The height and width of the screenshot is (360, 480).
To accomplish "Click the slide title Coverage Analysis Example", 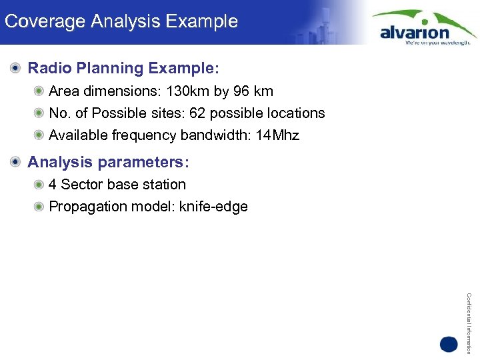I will tap(121, 21).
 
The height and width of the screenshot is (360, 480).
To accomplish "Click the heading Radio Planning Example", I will tap(123, 68).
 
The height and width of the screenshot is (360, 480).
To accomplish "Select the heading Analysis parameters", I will tap(109, 162).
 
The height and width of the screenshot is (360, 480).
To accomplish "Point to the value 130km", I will tap(187, 91).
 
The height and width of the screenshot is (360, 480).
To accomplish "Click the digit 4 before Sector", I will tap(53, 184).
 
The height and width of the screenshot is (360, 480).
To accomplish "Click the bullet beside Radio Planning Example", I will tap(15, 68).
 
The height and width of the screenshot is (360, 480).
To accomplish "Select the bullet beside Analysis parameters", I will tap(15, 162).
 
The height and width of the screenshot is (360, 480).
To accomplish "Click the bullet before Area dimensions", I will tap(40, 91).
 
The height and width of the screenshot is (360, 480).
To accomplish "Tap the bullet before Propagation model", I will tap(40, 207).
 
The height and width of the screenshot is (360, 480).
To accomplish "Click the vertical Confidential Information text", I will tap(469, 323).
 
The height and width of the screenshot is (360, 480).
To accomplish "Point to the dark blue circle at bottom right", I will tap(449, 345).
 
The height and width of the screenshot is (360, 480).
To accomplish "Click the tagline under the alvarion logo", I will tap(437, 42).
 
